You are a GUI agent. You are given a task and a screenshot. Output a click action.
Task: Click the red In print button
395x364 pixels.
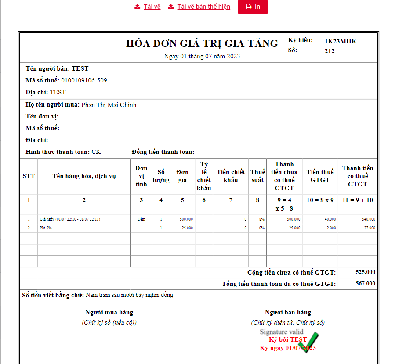tap(253, 7)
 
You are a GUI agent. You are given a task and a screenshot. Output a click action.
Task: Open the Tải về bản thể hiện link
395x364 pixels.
tap(199, 7)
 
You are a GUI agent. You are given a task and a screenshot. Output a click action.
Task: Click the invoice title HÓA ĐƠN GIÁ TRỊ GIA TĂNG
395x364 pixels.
tap(202, 43)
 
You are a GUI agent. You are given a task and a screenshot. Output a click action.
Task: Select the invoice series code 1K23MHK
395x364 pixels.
tap(341, 41)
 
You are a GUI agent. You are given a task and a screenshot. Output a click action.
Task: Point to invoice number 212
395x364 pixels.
tap(330, 51)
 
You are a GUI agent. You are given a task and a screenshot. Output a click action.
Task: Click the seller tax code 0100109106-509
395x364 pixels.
tap(84, 80)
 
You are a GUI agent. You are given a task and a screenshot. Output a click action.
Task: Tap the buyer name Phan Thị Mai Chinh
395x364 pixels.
tap(109, 105)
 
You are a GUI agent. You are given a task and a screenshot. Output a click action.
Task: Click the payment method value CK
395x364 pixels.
tap(96, 152)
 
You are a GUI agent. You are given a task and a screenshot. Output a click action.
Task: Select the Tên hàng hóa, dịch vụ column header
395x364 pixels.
tap(84, 176)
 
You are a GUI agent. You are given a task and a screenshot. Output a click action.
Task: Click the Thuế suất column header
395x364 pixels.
tap(257, 176)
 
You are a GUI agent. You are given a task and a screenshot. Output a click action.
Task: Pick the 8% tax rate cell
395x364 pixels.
tap(261, 219)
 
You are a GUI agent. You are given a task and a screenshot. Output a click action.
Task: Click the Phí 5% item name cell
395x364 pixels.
tap(46, 228)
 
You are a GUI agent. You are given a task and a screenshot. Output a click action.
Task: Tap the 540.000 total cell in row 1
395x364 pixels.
tap(368, 219)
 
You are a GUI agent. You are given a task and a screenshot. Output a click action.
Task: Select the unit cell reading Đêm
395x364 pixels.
tap(141, 219)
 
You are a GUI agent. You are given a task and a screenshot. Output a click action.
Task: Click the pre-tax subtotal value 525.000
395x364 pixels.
tap(365, 272)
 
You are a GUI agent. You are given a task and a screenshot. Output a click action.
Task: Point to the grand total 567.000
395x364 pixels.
tap(365, 283)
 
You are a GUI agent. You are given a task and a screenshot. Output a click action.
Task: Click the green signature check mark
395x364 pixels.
tap(312, 340)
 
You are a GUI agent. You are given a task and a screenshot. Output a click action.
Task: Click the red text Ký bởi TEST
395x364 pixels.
tap(288, 339)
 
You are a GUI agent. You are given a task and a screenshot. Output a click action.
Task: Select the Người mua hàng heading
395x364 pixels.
tap(109, 312)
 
